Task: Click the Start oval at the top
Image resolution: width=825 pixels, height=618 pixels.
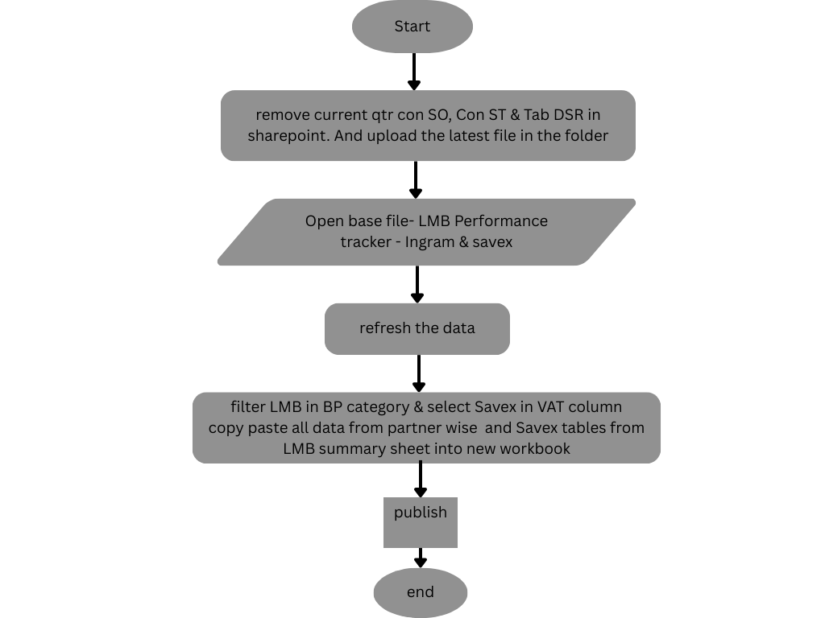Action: pos(412,27)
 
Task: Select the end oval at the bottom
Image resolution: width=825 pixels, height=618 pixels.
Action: pos(420,592)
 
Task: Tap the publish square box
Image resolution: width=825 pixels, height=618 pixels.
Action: pos(420,522)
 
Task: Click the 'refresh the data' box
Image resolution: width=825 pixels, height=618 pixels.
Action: pos(417,328)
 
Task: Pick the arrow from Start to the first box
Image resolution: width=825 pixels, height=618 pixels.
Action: pos(414,72)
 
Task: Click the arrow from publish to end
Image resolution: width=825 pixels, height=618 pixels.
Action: pos(420,558)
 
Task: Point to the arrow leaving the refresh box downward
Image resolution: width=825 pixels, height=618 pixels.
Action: pos(419,373)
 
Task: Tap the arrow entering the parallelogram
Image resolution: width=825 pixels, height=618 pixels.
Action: pos(416,180)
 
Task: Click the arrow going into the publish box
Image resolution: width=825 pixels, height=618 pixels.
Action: pos(420,480)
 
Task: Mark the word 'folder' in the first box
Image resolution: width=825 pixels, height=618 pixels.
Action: pos(584,135)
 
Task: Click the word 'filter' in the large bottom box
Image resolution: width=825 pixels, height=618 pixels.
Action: pos(247,406)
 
